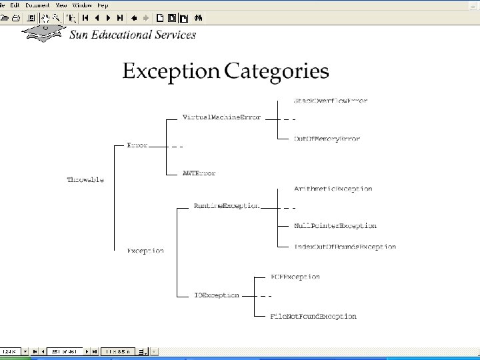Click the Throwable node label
pyautogui.click(x=85, y=180)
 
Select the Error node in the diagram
pyautogui.click(x=137, y=145)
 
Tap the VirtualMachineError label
pyautogui.click(x=221, y=117)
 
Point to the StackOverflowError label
pyautogui.click(x=331, y=101)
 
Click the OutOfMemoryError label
pyautogui.click(x=327, y=139)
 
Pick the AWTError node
pyautogui.click(x=199, y=173)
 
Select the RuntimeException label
pyautogui.click(x=227, y=206)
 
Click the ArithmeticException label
pyautogui.click(x=333, y=189)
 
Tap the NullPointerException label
pyautogui.click(x=335, y=226)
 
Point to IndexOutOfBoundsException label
pyautogui.click(x=345, y=247)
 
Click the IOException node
pyautogui.click(x=217, y=295)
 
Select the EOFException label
pyautogui.click(x=295, y=277)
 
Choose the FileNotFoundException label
pyautogui.click(x=313, y=316)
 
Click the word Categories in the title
pyautogui.click(x=277, y=71)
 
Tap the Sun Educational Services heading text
pyautogui.click(x=133, y=35)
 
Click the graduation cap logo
pyautogui.click(x=43, y=32)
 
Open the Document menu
pyautogui.click(x=37, y=5)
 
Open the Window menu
pyautogui.click(x=82, y=5)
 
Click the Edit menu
pyautogui.click(x=15, y=5)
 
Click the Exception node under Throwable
pyautogui.click(x=145, y=251)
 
